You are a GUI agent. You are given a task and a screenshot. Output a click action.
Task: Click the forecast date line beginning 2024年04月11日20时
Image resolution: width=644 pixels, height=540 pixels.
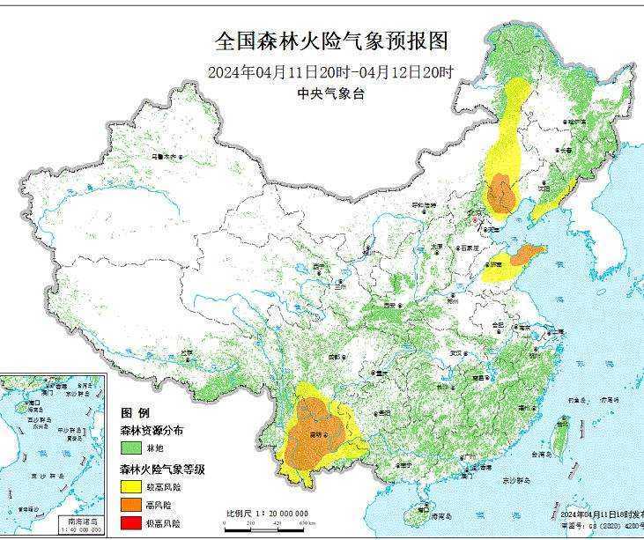pos(330,71)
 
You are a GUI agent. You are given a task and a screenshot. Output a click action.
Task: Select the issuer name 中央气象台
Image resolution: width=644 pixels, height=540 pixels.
pos(330,93)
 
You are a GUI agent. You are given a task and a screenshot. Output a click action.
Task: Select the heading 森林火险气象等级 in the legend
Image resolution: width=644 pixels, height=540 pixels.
pos(163,470)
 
